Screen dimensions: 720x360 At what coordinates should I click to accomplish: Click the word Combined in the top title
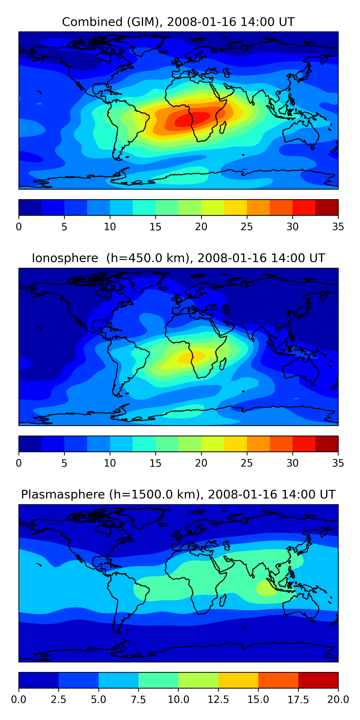[92, 22]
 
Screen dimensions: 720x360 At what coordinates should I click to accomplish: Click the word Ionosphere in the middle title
[65, 258]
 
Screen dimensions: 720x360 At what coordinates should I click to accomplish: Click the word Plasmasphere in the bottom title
[63, 494]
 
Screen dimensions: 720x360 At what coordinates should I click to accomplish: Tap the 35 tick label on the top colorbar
[338, 227]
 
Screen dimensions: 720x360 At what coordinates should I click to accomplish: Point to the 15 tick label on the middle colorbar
[156, 463]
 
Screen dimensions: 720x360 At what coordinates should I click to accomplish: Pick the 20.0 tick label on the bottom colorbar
[338, 700]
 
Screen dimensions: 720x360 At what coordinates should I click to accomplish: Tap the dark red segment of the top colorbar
[326, 207]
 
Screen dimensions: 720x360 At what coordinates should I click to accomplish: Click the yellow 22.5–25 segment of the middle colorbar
[235, 444]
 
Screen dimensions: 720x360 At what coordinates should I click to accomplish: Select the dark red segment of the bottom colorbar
[318, 680]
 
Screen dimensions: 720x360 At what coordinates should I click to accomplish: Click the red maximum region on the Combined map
[193, 119]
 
